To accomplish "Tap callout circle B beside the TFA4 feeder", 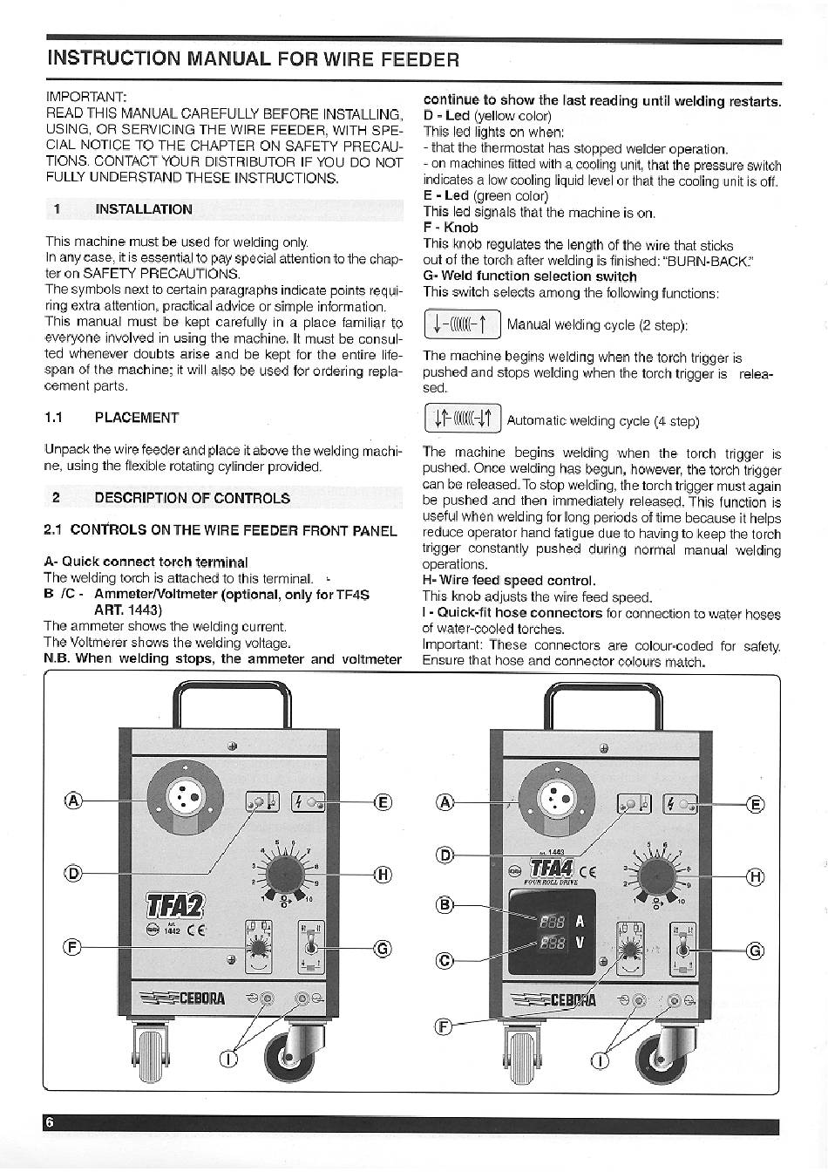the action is [445, 905].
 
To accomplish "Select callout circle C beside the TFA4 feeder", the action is [445, 960].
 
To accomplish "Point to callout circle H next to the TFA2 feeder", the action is [383, 875].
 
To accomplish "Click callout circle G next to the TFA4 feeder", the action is [755, 951].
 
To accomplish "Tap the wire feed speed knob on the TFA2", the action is [286, 875].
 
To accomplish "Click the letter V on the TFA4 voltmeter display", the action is [580, 943].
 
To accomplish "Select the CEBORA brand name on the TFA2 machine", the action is [202, 998].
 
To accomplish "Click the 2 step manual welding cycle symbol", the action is [463, 325].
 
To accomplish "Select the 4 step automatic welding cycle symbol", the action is [463, 419].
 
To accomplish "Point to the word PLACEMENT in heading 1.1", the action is [137, 418].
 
